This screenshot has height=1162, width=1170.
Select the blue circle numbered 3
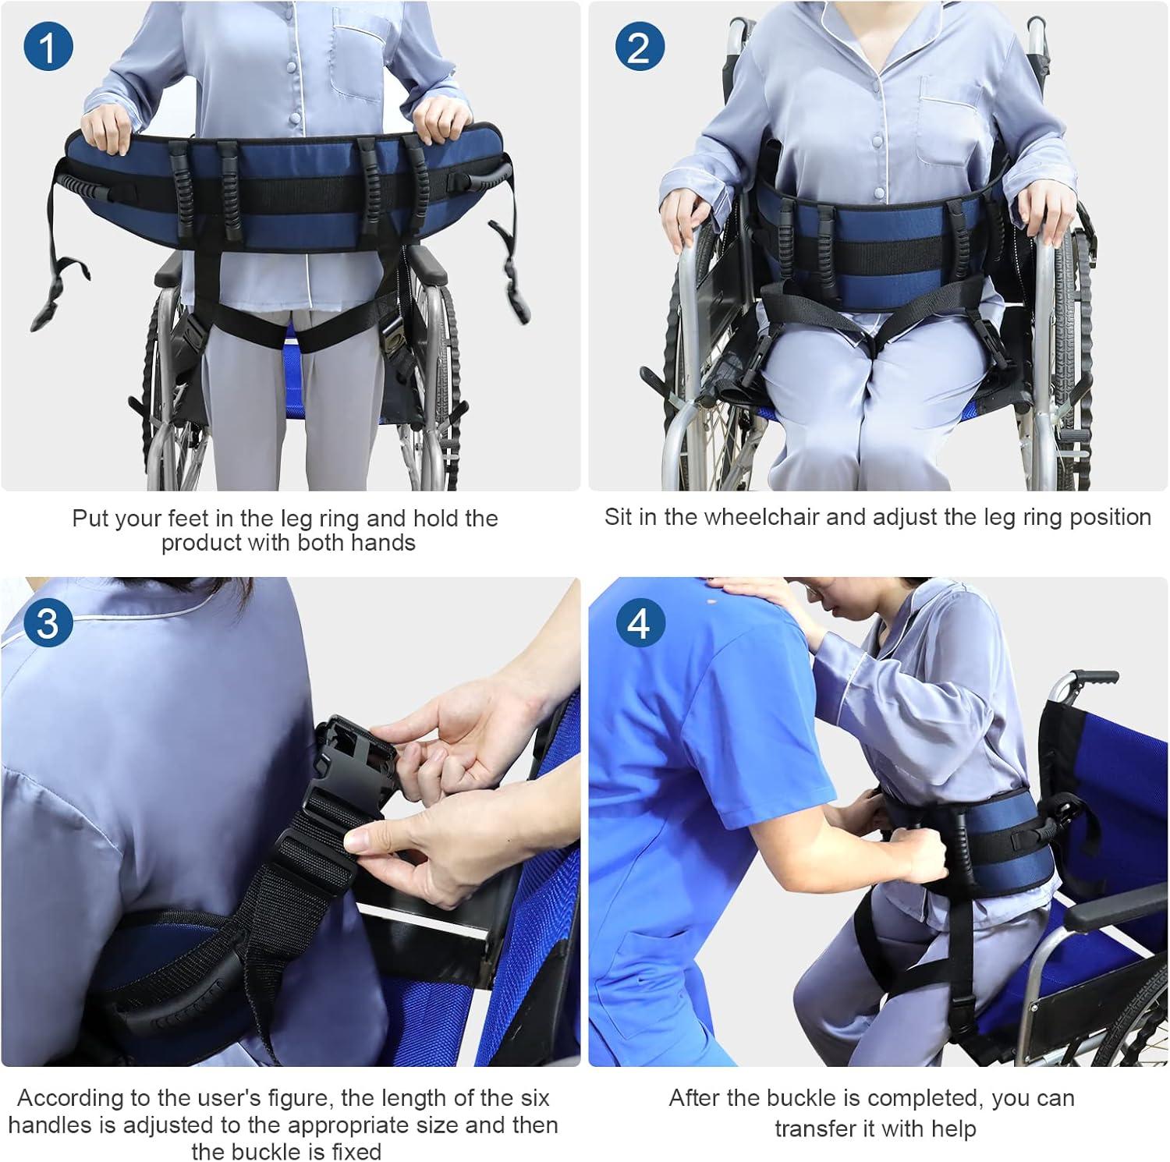point(48,623)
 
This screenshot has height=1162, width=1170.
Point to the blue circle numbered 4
point(639,623)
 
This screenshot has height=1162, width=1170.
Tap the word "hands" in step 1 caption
point(384,543)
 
